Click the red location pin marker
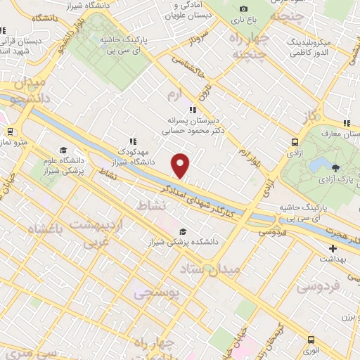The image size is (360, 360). tap(181, 165)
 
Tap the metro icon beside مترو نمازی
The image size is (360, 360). tap(11, 131)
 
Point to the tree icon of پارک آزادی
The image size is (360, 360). tap(335, 167)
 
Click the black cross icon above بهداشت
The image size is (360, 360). tap(333, 248)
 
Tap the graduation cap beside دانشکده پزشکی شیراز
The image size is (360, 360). tap(183, 231)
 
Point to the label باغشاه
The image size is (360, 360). tap(46, 229)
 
